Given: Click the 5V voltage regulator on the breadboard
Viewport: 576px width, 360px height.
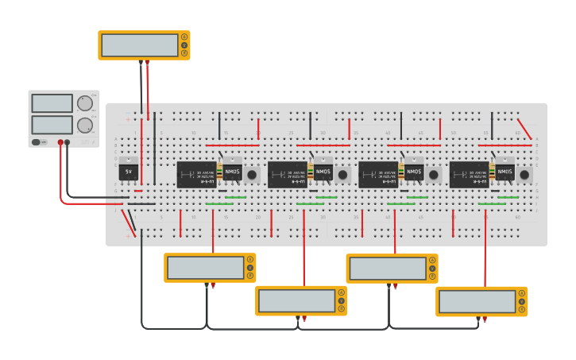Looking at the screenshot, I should click(x=128, y=172).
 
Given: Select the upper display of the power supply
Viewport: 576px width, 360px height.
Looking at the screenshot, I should click(x=52, y=103).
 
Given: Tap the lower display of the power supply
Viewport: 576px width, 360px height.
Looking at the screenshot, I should click(x=52, y=125).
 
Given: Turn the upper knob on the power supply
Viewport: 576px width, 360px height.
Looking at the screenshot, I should click(x=85, y=103).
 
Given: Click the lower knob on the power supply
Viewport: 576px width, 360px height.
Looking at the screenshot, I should click(x=85, y=125).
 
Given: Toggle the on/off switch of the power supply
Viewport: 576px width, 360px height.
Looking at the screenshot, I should click(x=37, y=142).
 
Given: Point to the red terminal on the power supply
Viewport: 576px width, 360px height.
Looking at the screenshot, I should click(x=60, y=142).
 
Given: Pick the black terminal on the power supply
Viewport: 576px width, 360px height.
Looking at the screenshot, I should click(x=67, y=142).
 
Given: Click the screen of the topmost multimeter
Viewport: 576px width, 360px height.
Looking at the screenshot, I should click(x=139, y=45).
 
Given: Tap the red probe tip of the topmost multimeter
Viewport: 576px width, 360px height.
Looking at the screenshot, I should click(x=147, y=63).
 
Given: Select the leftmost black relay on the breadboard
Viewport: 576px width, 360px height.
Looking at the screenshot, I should click(x=195, y=174).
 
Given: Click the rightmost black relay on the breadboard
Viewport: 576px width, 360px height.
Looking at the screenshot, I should click(x=468, y=174).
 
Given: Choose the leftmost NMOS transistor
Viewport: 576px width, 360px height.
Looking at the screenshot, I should click(x=233, y=172).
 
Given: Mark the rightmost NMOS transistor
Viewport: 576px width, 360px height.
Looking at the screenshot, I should click(x=505, y=172).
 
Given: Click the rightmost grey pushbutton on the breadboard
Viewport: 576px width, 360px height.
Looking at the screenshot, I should click(x=524, y=175).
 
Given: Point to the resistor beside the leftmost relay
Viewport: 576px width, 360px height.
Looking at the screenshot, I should click(x=219, y=172).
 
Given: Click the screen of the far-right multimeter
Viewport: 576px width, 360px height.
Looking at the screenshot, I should click(x=477, y=302).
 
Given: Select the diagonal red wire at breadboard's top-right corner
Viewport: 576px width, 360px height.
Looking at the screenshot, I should click(x=524, y=129).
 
